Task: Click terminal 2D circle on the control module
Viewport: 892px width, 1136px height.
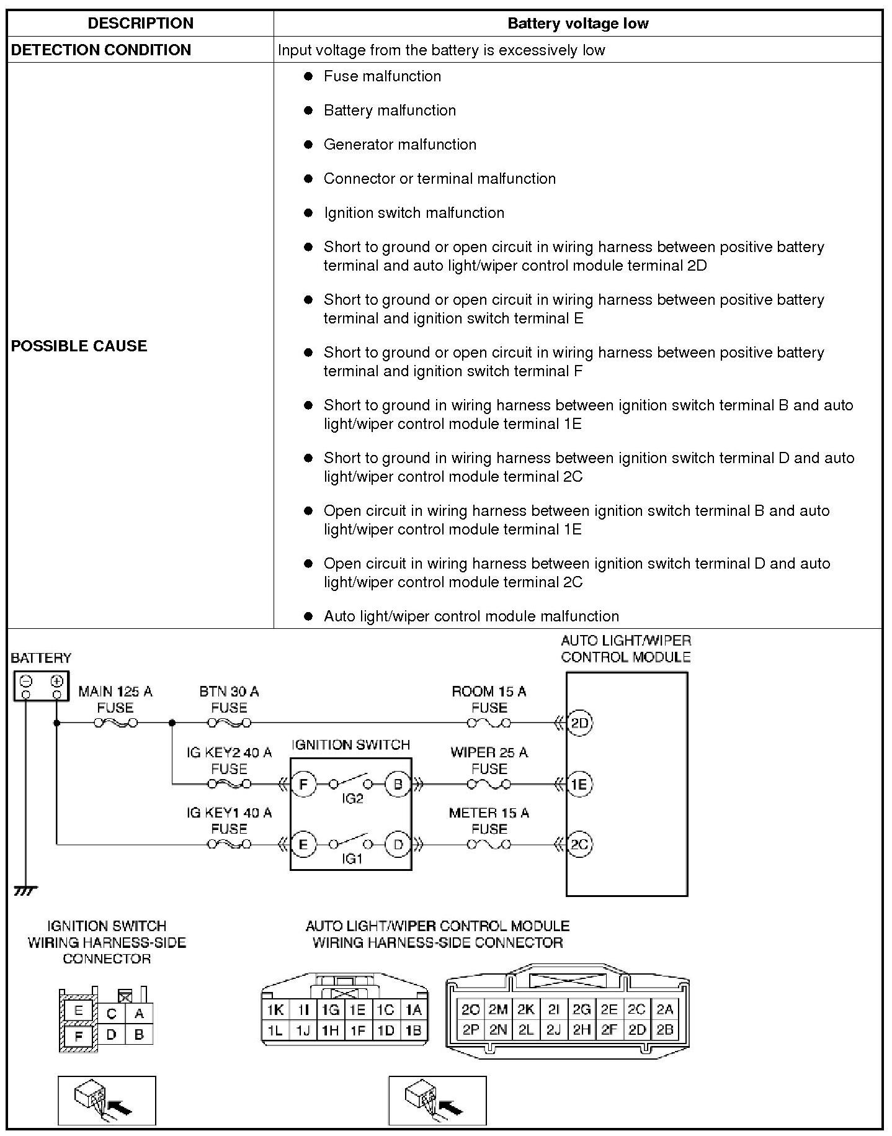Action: (x=579, y=723)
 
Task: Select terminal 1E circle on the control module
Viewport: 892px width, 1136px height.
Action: (x=579, y=784)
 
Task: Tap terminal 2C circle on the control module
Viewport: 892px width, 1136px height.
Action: (x=579, y=844)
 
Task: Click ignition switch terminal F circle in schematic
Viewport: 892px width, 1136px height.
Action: (x=303, y=784)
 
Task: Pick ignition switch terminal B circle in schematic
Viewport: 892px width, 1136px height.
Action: (x=398, y=784)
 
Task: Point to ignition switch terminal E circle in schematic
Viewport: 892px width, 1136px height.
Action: (x=303, y=844)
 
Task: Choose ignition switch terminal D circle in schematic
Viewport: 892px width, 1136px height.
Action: (x=398, y=844)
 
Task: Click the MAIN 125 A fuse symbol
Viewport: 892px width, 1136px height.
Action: (x=115, y=723)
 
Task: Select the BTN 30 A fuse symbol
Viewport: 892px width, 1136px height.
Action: (x=229, y=723)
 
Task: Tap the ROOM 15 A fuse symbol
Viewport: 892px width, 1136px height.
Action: (x=489, y=723)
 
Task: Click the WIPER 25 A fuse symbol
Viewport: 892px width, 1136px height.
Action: (x=489, y=784)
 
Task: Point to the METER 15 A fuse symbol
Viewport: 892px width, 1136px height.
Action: (x=489, y=844)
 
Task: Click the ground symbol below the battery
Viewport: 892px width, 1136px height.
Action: (x=25, y=891)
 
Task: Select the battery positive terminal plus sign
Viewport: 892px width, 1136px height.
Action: (x=57, y=680)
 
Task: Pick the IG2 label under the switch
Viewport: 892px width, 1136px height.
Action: (x=352, y=799)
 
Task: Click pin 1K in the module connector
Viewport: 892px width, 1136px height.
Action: (x=275, y=1010)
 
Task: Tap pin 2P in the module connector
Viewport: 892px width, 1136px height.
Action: (x=471, y=1030)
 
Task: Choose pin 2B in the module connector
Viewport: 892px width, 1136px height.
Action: (x=664, y=1030)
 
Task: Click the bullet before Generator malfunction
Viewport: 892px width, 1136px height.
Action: (x=308, y=145)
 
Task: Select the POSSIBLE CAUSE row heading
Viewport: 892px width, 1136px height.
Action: (x=79, y=346)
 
